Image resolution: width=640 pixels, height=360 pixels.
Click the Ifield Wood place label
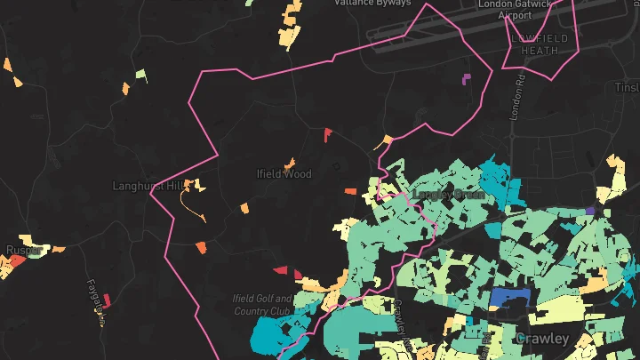coord(284,174)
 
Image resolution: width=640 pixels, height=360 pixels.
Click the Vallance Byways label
coord(372,4)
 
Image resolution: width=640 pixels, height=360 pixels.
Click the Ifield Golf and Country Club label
coord(262,305)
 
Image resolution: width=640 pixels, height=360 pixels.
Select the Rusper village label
coord(22,251)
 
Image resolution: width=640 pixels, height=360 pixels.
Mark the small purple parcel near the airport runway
coord(467,79)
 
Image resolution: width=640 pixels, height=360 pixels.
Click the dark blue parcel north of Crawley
coord(510,299)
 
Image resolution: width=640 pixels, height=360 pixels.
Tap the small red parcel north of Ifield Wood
coord(328,134)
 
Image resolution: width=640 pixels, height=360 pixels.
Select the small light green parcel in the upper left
coord(140,75)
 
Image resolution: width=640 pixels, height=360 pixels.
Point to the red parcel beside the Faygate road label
coord(107,300)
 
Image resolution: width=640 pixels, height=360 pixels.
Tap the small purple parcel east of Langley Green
coord(589,212)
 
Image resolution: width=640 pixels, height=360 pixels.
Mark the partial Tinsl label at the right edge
coord(627,87)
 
